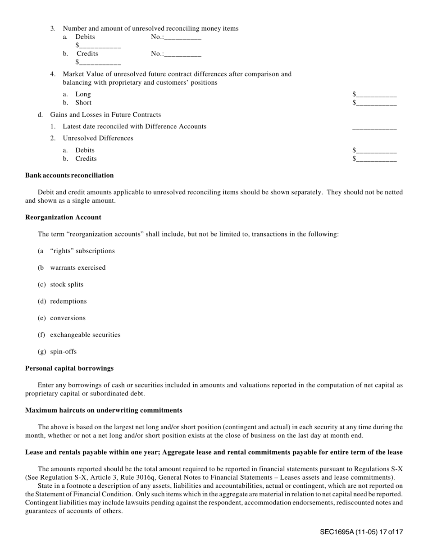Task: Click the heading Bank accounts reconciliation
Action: tap(69, 175)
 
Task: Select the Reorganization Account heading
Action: tap(63, 217)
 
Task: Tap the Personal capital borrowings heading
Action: tap(69, 368)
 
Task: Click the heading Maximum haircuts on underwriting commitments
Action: tap(104, 410)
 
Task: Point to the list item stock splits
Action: tap(67, 284)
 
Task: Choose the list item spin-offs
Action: tap(63, 351)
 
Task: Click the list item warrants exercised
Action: tap(77, 268)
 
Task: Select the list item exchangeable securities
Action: tap(85, 335)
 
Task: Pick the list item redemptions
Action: tap(68, 301)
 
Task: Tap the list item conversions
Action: tap(68, 318)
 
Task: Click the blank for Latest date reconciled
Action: tap(374, 127)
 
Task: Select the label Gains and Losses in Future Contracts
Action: tap(105, 114)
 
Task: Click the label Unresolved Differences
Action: tap(98, 138)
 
